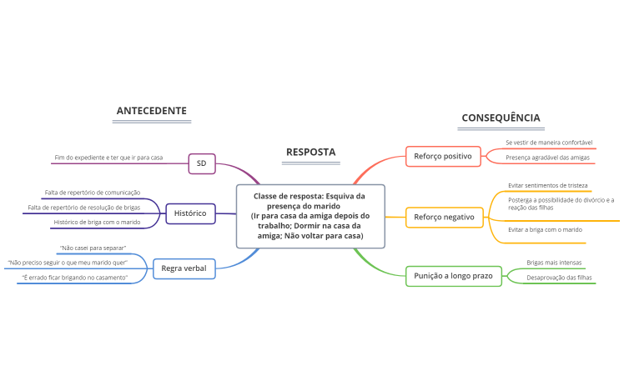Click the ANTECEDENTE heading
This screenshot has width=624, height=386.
pos(151,111)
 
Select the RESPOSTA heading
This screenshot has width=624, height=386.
pos(310,152)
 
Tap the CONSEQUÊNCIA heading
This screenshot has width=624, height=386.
pos(501,118)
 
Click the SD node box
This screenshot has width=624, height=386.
pos(201,163)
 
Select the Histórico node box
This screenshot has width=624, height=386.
pos(190,213)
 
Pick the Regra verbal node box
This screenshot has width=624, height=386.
pos(184,268)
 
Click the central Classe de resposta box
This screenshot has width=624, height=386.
pos(310,216)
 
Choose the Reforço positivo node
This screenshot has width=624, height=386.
pos(443,156)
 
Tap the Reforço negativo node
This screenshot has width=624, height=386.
pos(444,218)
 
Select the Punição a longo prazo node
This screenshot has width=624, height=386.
pos(453,275)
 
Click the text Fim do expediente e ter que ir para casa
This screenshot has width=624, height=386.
pos(108,158)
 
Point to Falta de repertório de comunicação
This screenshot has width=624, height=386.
pos(93,193)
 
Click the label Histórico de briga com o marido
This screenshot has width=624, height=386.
pos(97,222)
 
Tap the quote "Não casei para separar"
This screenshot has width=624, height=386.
pos(93,248)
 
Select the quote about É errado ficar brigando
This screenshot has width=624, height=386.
pos(75,276)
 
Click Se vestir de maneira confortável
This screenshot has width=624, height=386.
pos(549,143)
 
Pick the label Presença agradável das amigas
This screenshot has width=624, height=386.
pos(547,157)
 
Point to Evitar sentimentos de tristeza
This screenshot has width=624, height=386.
pos(548,185)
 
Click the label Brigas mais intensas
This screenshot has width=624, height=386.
pos(554,263)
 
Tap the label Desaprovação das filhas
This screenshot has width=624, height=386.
pos(560,278)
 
